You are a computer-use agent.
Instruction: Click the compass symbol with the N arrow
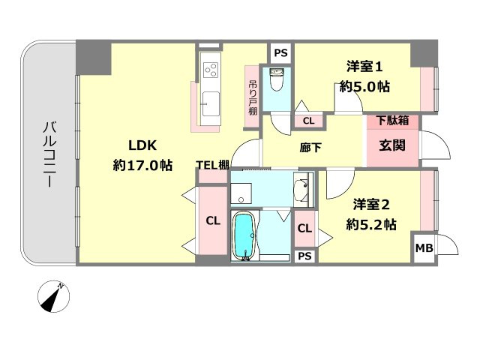tap(53, 296)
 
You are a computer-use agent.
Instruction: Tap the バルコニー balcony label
tap(49, 154)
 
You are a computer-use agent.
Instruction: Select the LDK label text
tap(142, 145)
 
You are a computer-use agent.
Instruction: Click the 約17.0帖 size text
tap(142, 166)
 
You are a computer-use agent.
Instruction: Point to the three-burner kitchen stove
tap(211, 70)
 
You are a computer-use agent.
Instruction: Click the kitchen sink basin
tap(211, 104)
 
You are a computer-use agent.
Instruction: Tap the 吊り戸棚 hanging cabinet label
tap(253, 97)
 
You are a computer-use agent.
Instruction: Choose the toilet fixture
tap(277, 79)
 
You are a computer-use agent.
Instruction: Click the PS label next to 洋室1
tap(280, 53)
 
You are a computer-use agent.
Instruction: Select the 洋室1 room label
tap(364, 67)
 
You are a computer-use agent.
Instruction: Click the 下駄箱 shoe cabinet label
tap(393, 121)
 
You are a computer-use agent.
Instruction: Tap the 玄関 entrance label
tap(392, 145)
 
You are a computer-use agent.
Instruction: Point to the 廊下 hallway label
tap(310, 148)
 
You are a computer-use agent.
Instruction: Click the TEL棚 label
tap(212, 165)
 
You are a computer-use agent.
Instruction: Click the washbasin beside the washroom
tap(301, 190)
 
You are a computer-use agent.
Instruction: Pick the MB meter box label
tap(424, 248)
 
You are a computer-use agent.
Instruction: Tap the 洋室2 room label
tap(371, 205)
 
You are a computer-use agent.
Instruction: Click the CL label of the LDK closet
tap(213, 220)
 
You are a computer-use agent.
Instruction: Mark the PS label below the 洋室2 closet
tap(304, 256)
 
